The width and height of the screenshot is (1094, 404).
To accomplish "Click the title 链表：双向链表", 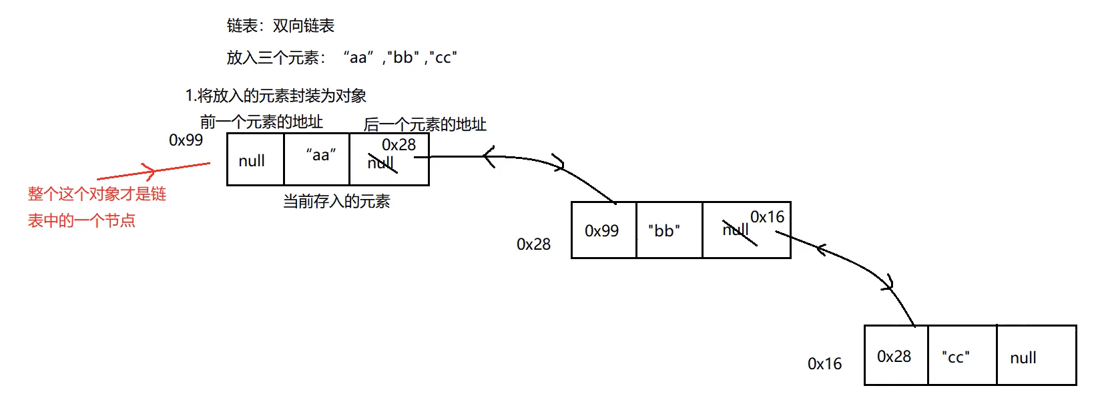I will [280, 26].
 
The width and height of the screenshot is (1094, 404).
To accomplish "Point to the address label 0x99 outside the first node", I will [186, 140].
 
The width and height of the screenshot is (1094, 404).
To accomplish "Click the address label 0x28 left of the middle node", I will [533, 244].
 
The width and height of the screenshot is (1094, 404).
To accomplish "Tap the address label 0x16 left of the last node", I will [824, 364].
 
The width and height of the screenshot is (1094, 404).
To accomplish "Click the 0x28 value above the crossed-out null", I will [398, 145].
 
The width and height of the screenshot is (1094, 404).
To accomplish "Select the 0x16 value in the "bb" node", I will [767, 217].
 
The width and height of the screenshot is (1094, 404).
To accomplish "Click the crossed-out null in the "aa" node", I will [381, 163].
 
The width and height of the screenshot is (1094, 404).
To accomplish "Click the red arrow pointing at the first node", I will [154, 171].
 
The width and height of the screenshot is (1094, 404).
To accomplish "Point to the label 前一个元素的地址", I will [262, 122].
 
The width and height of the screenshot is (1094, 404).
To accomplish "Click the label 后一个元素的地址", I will [425, 125].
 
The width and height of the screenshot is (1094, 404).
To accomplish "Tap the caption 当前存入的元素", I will [336, 202].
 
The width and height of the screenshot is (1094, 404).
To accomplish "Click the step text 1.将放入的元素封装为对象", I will [276, 96].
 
